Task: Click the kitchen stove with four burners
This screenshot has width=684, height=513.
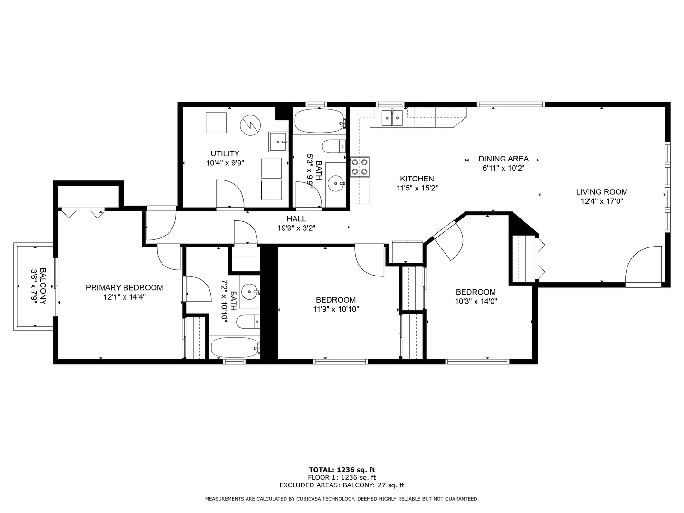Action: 359,167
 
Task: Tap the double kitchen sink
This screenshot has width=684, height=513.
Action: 392,118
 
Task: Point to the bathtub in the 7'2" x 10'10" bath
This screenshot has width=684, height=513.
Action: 235,347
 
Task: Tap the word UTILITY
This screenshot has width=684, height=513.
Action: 225,153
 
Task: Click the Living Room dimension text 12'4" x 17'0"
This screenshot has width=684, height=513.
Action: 601,201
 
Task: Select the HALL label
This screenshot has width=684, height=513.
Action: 296,219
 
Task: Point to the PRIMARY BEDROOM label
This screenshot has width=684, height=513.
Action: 124,288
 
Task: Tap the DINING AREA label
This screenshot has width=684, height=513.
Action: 503,159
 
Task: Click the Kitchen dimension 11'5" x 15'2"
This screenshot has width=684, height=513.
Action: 417,188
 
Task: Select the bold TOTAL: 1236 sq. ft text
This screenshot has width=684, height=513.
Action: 342,470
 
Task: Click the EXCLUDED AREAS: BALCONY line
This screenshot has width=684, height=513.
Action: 342,485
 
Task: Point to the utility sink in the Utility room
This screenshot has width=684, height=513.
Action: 278,142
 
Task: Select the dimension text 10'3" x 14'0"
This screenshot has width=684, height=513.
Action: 476,301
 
